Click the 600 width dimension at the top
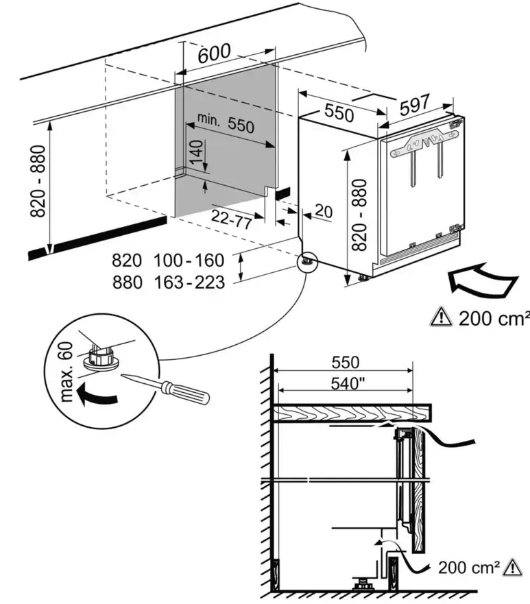click(x=214, y=56)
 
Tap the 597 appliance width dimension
click(x=414, y=104)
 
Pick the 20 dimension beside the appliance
click(x=322, y=211)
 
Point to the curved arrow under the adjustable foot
click(x=92, y=396)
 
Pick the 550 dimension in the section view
click(x=346, y=363)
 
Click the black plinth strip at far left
click(x=96, y=237)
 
